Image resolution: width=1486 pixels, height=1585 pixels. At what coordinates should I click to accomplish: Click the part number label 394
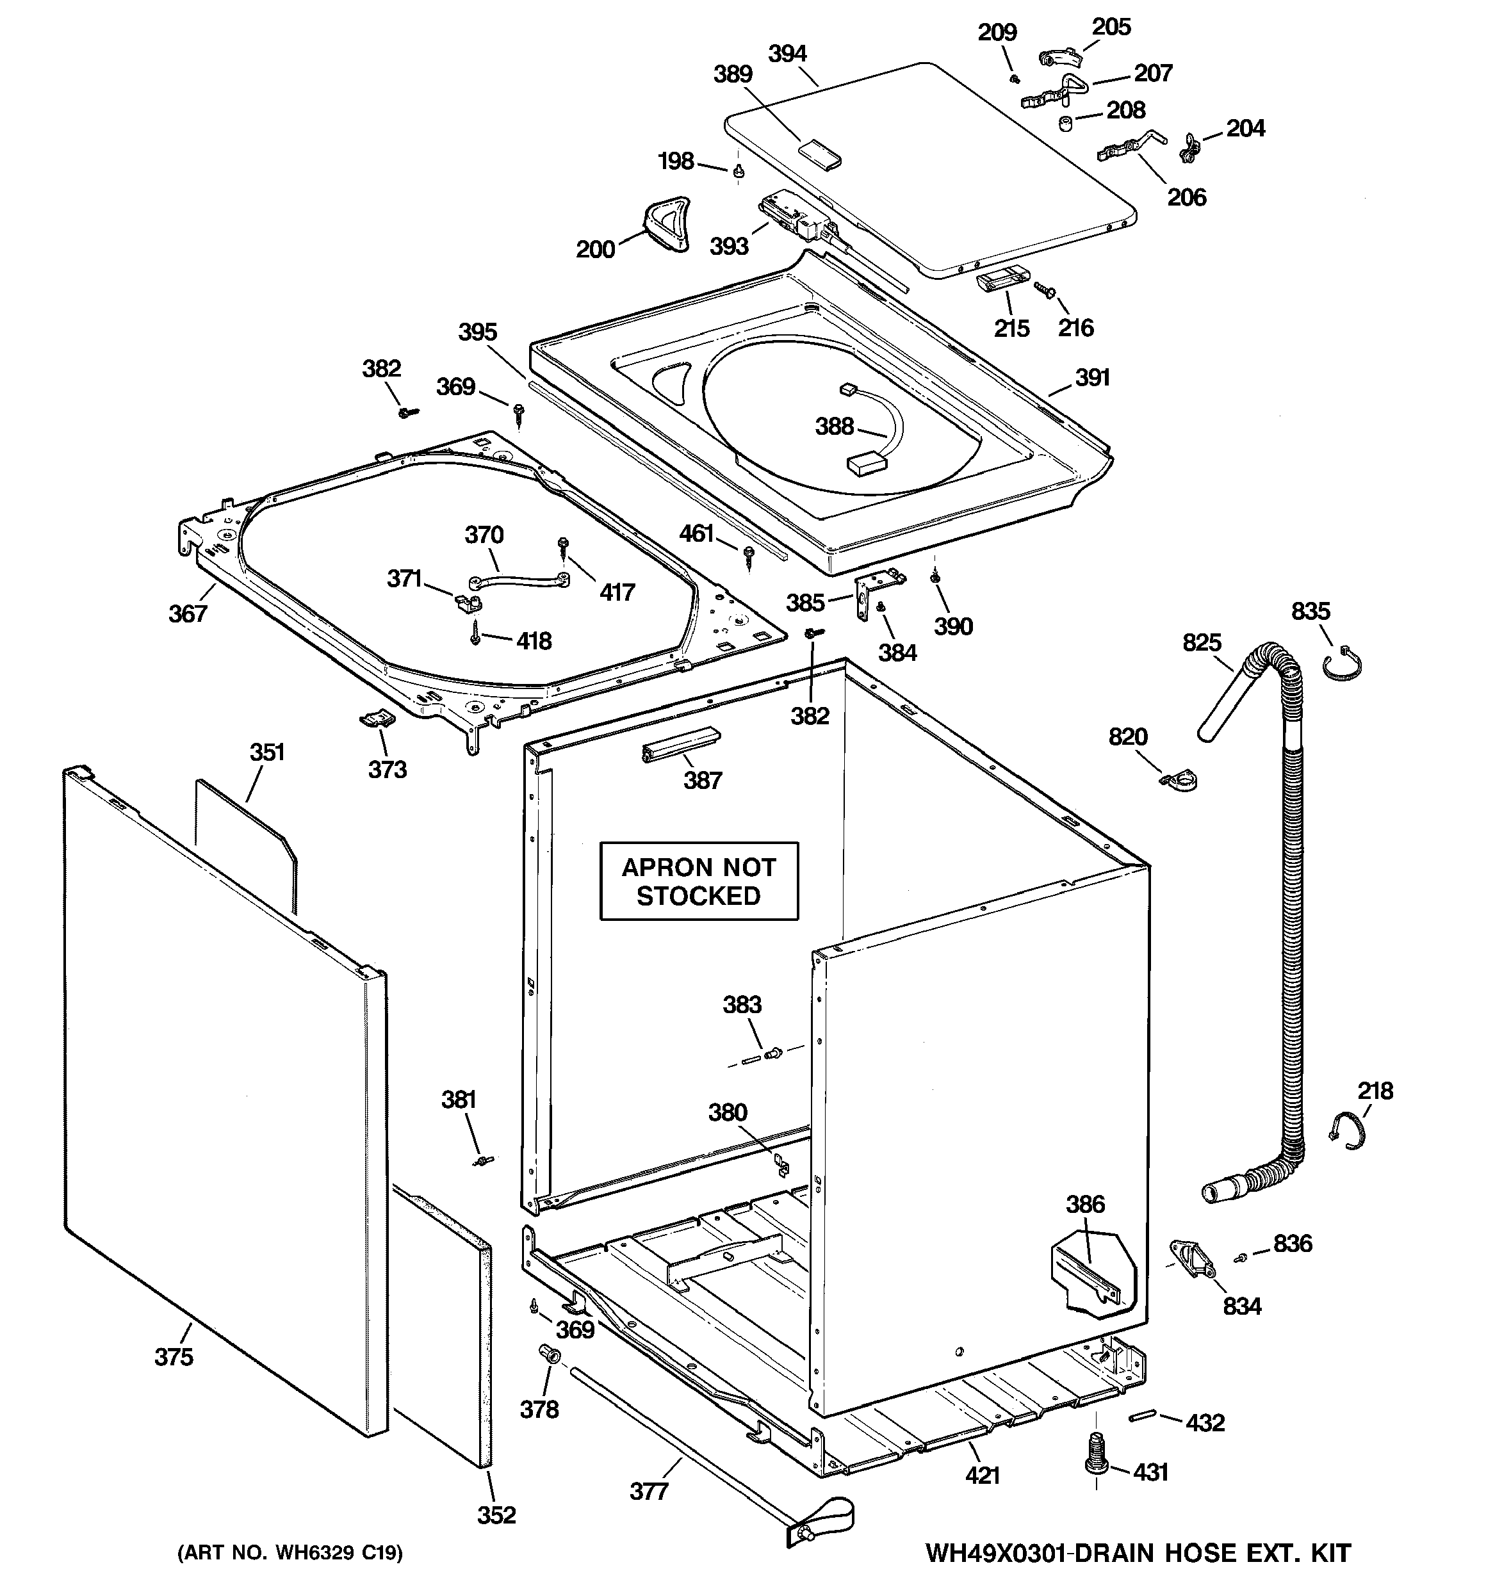click(x=787, y=54)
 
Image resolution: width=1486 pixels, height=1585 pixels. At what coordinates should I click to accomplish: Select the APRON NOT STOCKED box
click(x=698, y=881)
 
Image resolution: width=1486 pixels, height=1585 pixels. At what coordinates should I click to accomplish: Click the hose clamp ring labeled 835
click(x=1343, y=665)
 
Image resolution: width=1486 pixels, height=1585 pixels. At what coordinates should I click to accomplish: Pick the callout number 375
click(x=174, y=1356)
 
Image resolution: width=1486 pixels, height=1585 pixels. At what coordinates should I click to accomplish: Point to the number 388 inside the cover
click(x=835, y=427)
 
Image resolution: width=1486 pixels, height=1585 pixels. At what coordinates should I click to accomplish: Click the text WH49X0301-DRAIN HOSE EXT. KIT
click(x=1138, y=1552)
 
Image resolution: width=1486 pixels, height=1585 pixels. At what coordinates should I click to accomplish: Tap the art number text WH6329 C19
click(x=290, y=1552)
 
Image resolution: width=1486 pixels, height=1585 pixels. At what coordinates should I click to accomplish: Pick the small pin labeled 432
click(x=1141, y=1416)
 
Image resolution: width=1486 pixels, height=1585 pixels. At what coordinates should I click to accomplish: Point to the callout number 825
click(x=1201, y=642)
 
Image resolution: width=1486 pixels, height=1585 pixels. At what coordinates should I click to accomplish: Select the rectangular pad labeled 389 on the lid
click(x=820, y=152)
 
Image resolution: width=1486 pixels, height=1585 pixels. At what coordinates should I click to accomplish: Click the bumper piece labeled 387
click(x=680, y=745)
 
